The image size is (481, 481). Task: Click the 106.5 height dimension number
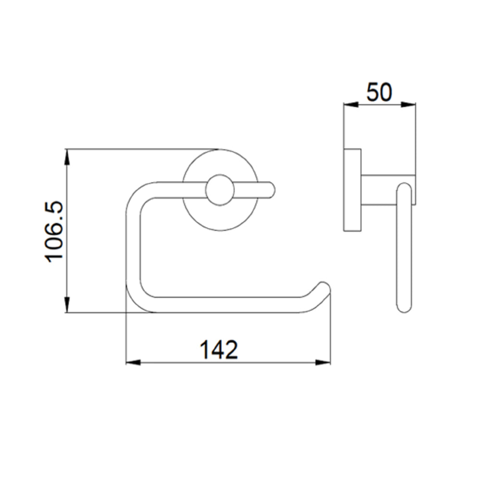[x=55, y=231]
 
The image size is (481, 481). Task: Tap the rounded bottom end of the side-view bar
[x=404, y=307]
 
